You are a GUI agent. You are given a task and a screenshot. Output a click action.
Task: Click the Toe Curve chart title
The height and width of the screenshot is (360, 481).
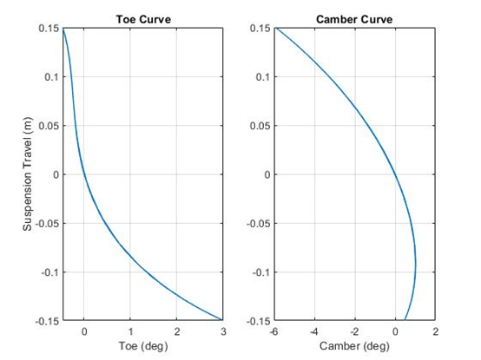coord(143,20)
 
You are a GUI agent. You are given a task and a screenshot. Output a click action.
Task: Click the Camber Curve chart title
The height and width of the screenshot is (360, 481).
coord(354,20)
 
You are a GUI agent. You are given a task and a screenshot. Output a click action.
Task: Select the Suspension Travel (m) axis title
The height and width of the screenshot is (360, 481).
coord(27,174)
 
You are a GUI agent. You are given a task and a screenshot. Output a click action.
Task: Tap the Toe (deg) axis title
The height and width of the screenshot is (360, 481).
coord(143,346)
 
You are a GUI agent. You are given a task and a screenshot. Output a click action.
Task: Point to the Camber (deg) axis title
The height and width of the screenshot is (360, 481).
coord(354,346)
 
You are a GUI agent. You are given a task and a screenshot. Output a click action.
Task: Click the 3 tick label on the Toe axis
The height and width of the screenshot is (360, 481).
coord(223,331)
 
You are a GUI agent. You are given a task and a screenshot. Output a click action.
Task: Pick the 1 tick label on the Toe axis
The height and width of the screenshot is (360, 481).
coord(130,331)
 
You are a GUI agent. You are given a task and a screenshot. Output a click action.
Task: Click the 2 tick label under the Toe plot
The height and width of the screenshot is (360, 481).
coord(177,331)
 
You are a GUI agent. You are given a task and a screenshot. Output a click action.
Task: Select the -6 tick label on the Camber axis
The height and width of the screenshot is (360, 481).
coord(274,331)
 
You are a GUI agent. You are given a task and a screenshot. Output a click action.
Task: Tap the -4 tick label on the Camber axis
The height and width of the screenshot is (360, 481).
coord(314,331)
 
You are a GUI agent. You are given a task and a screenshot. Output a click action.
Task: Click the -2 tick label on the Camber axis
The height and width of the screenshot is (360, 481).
coord(354,331)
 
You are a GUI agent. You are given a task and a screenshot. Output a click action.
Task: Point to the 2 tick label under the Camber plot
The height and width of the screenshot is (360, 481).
coord(436,331)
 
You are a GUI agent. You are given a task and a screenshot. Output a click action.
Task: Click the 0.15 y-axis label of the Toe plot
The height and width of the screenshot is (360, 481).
coord(49,28)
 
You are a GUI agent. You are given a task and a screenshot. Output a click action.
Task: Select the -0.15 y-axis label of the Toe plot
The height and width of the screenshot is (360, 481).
coord(48,321)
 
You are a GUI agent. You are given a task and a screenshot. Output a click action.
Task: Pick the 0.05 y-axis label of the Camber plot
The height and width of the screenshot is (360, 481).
coord(260,126)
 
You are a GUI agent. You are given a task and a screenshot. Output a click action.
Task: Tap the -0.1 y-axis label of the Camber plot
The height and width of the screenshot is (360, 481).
coord(261,272)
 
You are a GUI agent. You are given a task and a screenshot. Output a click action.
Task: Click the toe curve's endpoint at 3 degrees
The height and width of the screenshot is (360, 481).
coord(222,320)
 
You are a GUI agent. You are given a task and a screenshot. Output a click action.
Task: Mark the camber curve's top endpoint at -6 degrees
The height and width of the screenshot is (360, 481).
coord(275,28)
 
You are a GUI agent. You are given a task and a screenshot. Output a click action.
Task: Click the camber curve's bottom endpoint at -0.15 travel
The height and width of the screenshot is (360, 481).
coord(405,320)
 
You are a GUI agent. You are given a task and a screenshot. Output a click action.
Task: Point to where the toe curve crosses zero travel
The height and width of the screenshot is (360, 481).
coord(84,174)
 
